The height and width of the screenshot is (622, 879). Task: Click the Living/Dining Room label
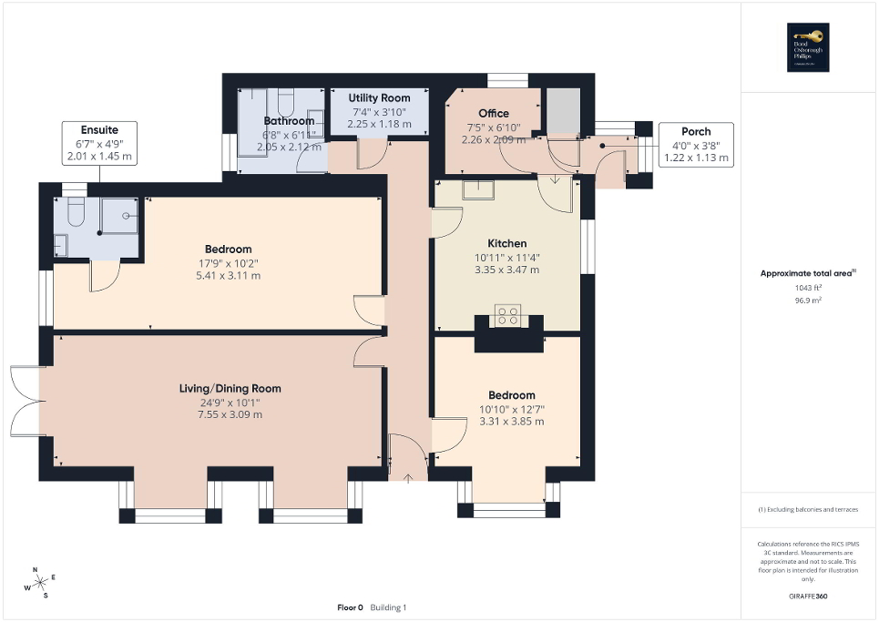point(230,388)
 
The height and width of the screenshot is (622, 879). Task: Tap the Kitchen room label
point(506,244)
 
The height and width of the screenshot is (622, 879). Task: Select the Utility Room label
point(379,97)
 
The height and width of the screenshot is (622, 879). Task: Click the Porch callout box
point(696,144)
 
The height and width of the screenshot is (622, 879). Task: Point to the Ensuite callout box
point(98,143)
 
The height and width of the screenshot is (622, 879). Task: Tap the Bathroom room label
point(289,120)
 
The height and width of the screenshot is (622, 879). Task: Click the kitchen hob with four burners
point(507,316)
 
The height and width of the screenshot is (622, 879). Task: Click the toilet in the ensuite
point(75,213)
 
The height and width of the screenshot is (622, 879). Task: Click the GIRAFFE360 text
point(810,597)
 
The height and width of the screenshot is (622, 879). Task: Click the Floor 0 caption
point(350,607)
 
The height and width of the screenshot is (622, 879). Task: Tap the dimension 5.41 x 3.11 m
point(228,276)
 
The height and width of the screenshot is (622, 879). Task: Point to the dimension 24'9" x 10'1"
point(230,402)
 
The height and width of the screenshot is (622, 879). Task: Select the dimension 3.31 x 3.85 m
point(511,422)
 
